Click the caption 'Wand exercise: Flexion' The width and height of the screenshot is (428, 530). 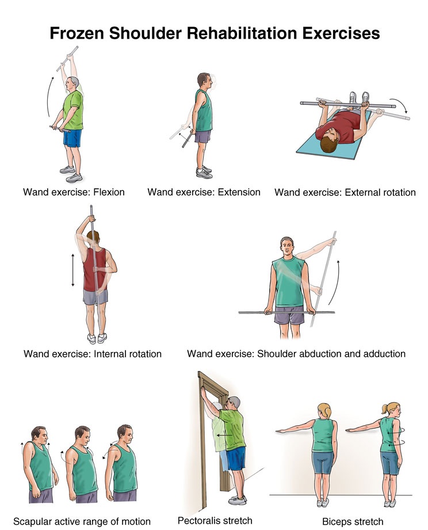tap(73, 192)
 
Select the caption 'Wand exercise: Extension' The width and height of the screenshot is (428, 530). tap(204, 192)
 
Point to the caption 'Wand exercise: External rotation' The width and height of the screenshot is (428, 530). tap(345, 192)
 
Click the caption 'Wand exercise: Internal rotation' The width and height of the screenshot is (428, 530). tap(92, 353)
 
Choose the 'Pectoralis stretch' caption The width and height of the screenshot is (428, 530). tap(215, 520)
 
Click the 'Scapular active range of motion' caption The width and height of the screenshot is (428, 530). tap(82, 521)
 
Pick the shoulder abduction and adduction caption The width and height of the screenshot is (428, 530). tap(296, 353)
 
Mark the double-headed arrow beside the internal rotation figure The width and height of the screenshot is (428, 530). tap(73, 270)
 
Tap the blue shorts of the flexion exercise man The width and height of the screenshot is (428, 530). tap(72, 138)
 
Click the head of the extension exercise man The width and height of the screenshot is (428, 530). tap(203, 79)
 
